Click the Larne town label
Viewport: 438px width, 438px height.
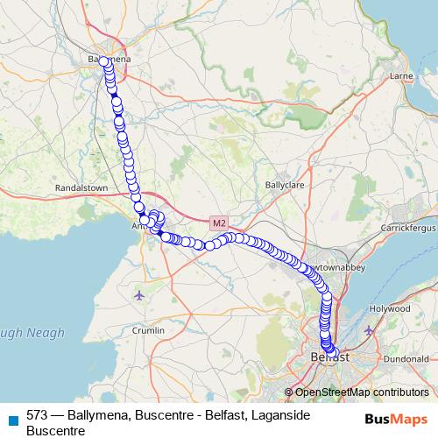tap(400, 76)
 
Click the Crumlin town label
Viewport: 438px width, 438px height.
tap(146, 330)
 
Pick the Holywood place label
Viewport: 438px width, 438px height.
tap(389, 309)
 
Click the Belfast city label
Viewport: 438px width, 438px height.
tap(329, 357)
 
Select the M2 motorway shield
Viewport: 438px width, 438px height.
tap(218, 223)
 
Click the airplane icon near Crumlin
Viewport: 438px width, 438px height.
tap(139, 294)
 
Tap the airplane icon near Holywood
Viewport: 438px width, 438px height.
tap(369, 330)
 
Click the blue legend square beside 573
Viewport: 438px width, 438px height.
tap(12, 415)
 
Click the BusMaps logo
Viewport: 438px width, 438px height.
tap(395, 419)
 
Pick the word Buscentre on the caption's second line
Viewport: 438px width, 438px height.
tap(55, 430)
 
